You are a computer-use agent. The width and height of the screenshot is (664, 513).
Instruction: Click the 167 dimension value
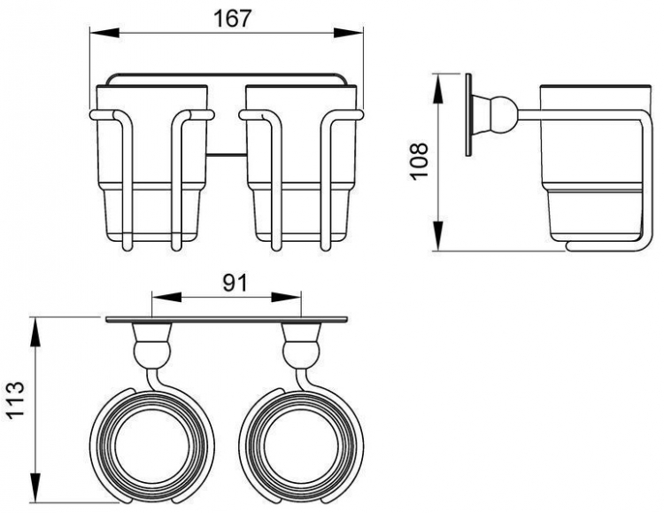pyautogui.click(x=232, y=19)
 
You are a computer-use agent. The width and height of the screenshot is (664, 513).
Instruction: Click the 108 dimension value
pyautogui.click(x=420, y=161)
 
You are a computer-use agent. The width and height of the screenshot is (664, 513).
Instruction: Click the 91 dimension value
pyautogui.click(x=235, y=284)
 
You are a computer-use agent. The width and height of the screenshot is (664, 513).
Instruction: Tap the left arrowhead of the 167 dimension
pyautogui.click(x=104, y=33)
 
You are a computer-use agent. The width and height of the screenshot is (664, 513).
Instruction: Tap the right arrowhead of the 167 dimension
pyautogui.click(x=349, y=33)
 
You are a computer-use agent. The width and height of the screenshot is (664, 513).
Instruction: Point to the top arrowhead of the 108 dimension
pyautogui.click(x=439, y=89)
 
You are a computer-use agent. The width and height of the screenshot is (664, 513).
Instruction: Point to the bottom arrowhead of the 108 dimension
pyautogui.click(x=439, y=236)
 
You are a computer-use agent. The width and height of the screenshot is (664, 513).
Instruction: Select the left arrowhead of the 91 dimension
pyautogui.click(x=166, y=297)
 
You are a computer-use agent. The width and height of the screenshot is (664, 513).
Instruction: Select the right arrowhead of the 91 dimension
pyautogui.click(x=286, y=297)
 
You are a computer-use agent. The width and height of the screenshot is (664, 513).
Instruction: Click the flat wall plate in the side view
pyautogui.click(x=468, y=115)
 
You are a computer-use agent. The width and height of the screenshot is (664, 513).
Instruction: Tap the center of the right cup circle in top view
pyautogui.click(x=301, y=445)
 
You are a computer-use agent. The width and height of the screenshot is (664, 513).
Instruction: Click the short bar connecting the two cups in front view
pyautogui.click(x=227, y=154)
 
